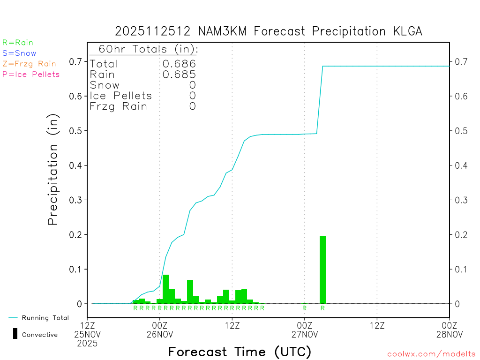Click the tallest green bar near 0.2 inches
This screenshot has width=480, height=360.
[x=322, y=270]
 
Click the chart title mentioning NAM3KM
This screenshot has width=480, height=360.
[x=269, y=31]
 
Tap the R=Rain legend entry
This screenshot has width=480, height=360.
[x=18, y=43]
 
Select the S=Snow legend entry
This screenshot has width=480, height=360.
[x=19, y=53]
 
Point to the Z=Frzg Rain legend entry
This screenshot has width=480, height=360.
[x=29, y=64]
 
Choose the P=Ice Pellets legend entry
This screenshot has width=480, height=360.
[x=31, y=74]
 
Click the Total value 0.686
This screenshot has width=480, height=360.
[x=179, y=64]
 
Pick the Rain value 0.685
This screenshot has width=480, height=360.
[x=179, y=75]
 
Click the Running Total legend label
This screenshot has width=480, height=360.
[x=45, y=318]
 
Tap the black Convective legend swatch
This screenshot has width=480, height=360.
[x=15, y=334]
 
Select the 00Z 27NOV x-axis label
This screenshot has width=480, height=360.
[x=305, y=330]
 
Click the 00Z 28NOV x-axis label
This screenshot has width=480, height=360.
[x=450, y=330]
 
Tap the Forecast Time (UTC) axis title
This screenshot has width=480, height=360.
[x=240, y=352]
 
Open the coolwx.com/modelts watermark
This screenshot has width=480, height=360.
[x=431, y=354]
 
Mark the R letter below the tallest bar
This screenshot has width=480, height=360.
[x=322, y=308]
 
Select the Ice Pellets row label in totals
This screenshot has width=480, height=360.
[x=121, y=96]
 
